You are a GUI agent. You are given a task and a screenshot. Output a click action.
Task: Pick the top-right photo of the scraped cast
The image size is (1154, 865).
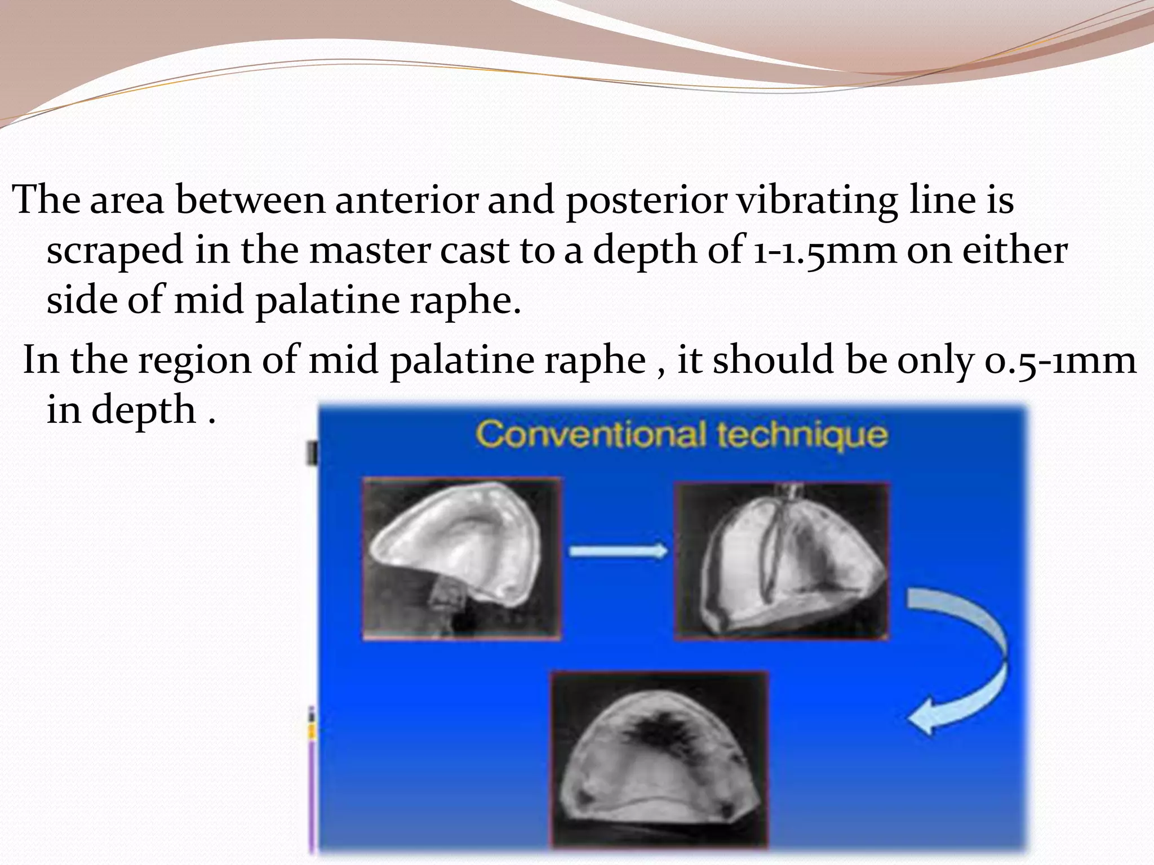click(782, 561)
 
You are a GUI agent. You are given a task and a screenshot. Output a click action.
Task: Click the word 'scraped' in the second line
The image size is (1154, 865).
click(115, 251)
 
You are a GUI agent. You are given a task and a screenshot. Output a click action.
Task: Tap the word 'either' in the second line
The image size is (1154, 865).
click(1014, 250)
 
